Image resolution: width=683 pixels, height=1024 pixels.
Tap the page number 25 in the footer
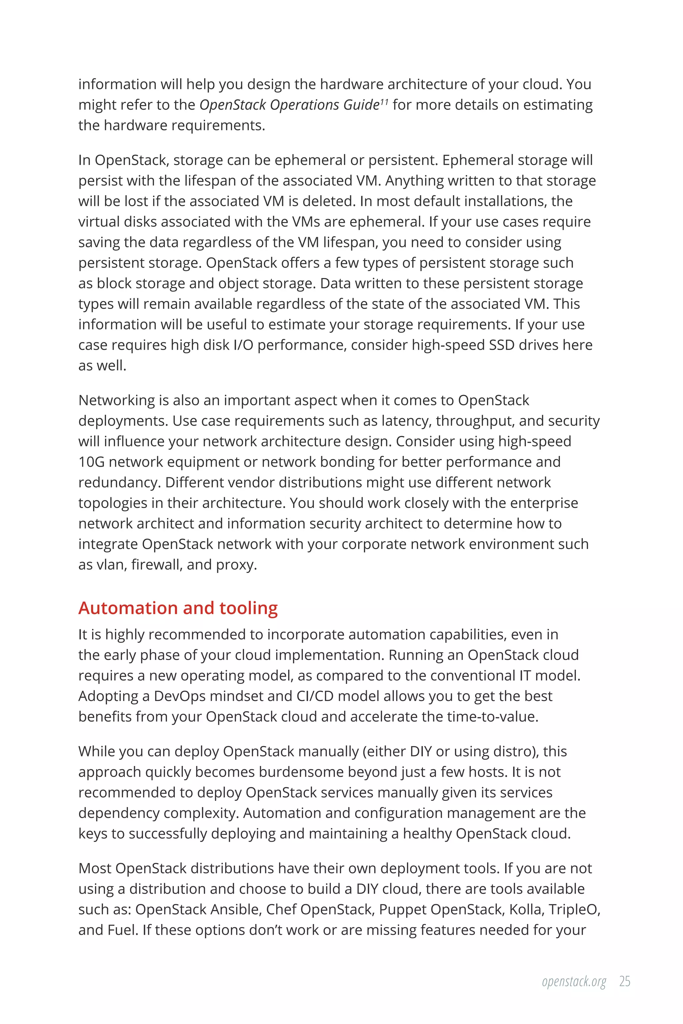pyautogui.click(x=625, y=981)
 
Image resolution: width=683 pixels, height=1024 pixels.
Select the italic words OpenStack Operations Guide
pyautogui.click(x=289, y=105)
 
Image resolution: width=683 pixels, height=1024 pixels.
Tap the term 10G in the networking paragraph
pyautogui.click(x=91, y=462)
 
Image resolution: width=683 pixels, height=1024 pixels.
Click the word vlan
pyautogui.click(x=110, y=565)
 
